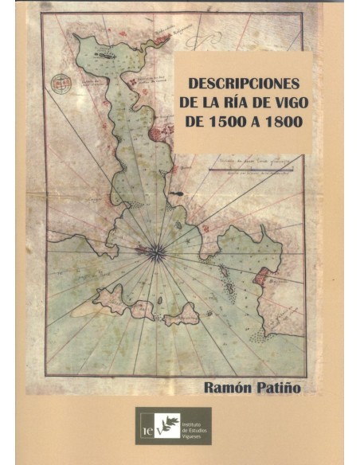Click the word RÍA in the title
tap(239, 104)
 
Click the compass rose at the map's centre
tap(157, 253)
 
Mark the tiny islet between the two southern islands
tap(157, 301)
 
